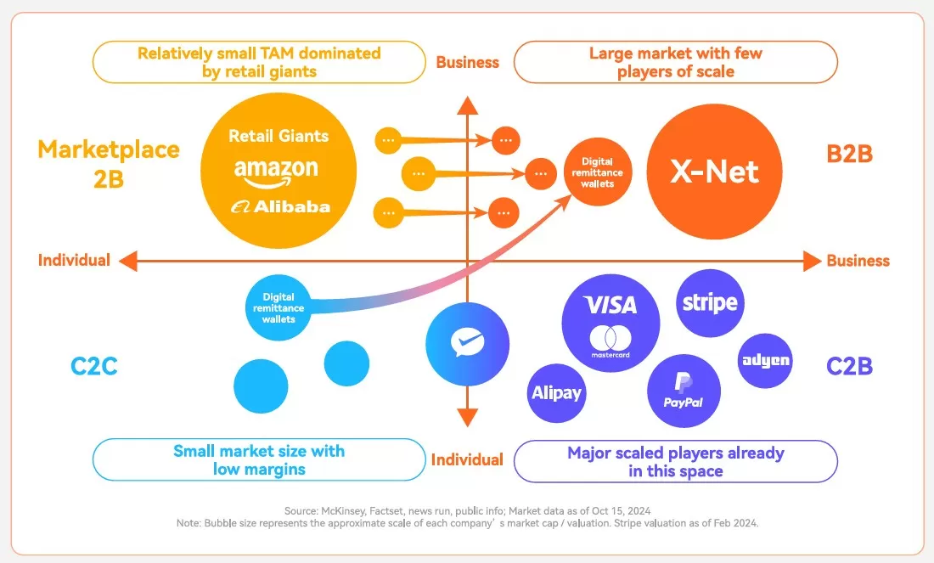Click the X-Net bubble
pos(714,172)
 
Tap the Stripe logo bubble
pos(710,302)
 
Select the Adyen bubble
pos(765,360)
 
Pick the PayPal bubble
pos(683,391)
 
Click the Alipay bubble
pos(556,392)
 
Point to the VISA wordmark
pos(610,304)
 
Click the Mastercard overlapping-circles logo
pos(610,337)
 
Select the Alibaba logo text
pos(280,206)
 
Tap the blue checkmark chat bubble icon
pos(467,343)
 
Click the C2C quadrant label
pos(93,367)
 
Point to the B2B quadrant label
pos(849,154)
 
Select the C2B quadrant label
pos(849,366)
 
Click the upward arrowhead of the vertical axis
pos(466,104)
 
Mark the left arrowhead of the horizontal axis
pos(128,261)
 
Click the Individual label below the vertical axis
pos(467,459)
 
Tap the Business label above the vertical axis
pos(467,62)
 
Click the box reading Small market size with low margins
pos(259,459)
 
